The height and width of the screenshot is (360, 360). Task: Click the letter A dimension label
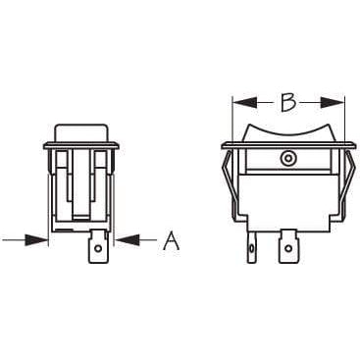point(172,240)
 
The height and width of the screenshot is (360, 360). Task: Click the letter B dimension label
point(288,103)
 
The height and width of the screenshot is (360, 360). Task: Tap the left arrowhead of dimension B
point(244,103)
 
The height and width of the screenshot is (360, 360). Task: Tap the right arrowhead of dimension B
point(333,103)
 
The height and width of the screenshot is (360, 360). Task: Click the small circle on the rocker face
point(287,159)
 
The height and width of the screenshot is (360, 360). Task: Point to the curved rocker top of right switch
point(290,132)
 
